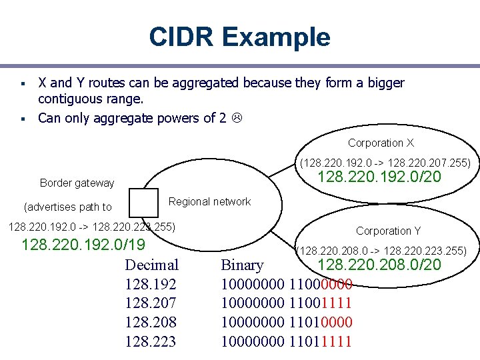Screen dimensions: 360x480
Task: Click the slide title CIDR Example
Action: tap(239, 37)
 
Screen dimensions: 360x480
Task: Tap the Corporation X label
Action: tap(381, 143)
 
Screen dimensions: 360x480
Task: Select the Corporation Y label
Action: tap(388, 231)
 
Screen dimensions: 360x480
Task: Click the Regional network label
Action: tap(209, 201)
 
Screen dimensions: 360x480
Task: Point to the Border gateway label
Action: tap(77, 183)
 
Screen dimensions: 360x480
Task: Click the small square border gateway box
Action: tap(143, 203)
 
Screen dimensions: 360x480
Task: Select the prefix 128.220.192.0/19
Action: tap(83, 245)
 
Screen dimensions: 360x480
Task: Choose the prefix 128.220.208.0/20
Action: tap(379, 265)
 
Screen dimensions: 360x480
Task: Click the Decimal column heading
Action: tap(151, 265)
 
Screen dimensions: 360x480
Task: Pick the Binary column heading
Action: tap(242, 265)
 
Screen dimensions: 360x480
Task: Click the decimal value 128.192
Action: tap(151, 284)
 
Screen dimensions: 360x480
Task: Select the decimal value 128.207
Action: tap(151, 303)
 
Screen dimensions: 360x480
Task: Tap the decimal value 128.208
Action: tap(151, 323)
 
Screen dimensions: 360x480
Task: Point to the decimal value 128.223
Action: tap(151, 342)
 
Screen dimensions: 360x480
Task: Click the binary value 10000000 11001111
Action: tap(286, 303)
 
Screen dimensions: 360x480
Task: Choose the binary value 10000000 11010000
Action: tap(286, 323)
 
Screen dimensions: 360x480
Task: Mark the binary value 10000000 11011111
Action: tap(286, 342)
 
